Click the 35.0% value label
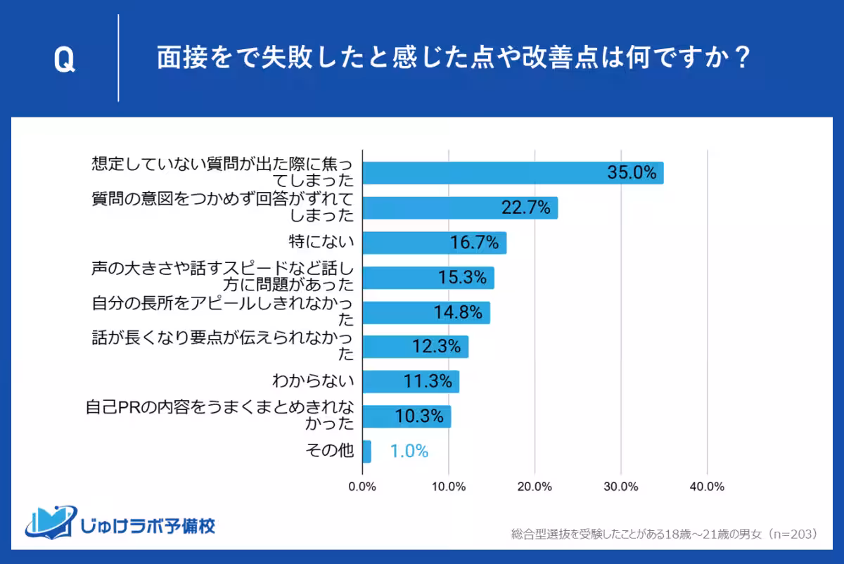pyautogui.click(x=632, y=173)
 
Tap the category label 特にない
pyautogui.click(x=321, y=243)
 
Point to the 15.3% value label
pyautogui.click(x=463, y=278)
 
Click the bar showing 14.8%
pyautogui.click(x=426, y=312)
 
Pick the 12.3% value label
pyautogui.click(x=436, y=347)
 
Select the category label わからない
pyautogui.click(x=313, y=382)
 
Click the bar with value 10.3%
pyautogui.click(x=406, y=416)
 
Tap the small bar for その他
pyautogui.click(x=366, y=451)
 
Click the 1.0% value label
pyautogui.click(x=409, y=451)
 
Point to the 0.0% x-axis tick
pyautogui.click(x=362, y=487)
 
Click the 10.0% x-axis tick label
pyautogui.click(x=449, y=487)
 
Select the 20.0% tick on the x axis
pyautogui.click(x=535, y=487)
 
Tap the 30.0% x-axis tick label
pyautogui.click(x=621, y=487)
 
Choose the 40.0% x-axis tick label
pyautogui.click(x=707, y=487)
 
